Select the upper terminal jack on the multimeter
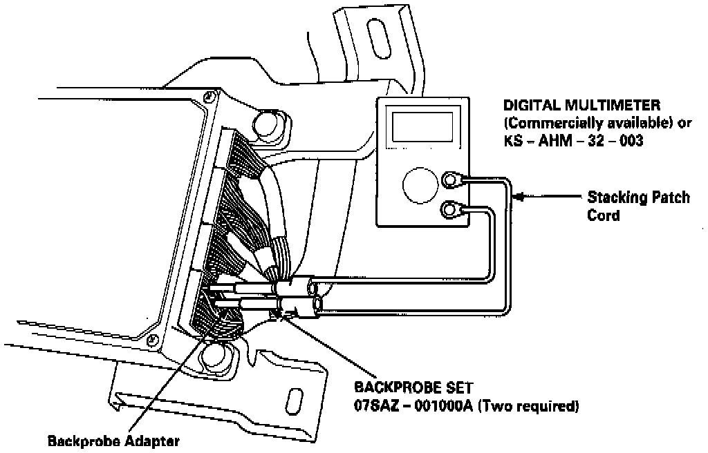click(x=451, y=180)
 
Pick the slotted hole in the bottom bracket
click(x=295, y=401)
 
